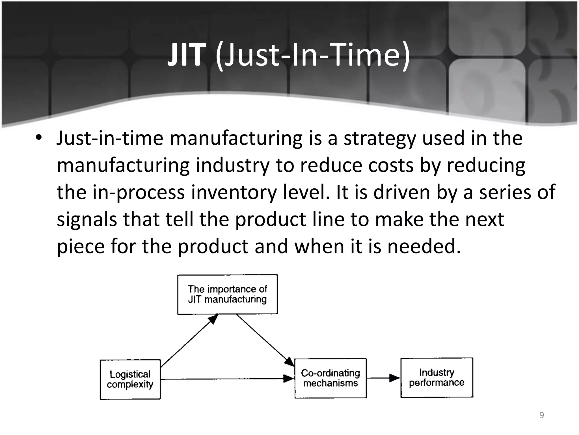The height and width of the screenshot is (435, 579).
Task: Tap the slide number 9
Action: coord(541,415)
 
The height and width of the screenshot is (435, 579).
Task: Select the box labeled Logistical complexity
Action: coord(130,379)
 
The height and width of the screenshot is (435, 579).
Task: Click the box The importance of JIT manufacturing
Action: coord(227,294)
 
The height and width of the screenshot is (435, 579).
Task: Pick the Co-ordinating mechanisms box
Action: coord(330,378)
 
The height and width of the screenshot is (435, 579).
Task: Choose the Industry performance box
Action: coord(437,378)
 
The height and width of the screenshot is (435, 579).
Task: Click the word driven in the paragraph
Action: coord(402,192)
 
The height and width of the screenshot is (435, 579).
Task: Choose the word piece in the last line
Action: coord(81,247)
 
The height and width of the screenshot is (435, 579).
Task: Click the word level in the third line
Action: coord(306,192)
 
